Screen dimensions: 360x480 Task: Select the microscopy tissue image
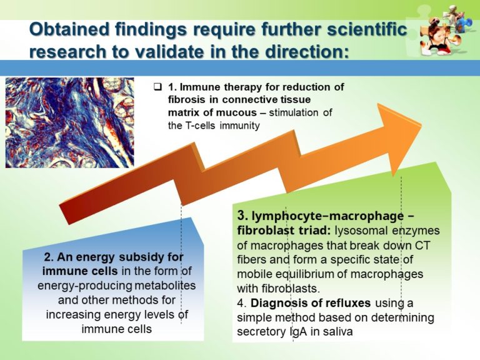point(69,122)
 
